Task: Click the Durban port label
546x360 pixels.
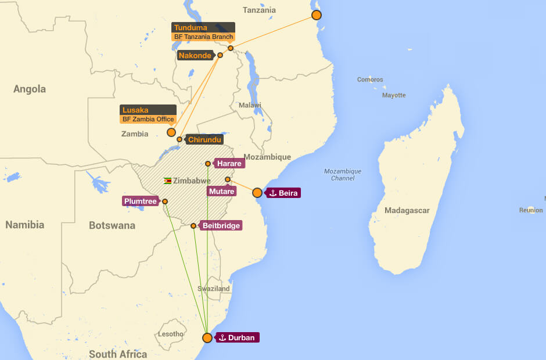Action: [x=236, y=337]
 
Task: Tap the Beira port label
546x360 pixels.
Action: [x=283, y=193]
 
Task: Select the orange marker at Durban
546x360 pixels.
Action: [x=207, y=338]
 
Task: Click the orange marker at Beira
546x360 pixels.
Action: [x=257, y=193]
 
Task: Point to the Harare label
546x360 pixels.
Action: [x=229, y=164]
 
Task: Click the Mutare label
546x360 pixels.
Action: [x=222, y=191]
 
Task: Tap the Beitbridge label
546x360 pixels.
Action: [x=220, y=225]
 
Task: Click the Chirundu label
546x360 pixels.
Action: [x=206, y=139]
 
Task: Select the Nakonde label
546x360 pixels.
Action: [x=195, y=56]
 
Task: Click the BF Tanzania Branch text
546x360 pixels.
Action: [x=203, y=37]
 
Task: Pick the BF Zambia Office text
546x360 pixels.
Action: [x=148, y=119]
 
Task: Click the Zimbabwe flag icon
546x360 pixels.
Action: [x=167, y=181]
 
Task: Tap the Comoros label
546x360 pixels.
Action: [x=370, y=80]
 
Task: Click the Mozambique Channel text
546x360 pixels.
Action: [x=343, y=175]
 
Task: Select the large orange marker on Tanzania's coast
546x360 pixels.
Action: [x=317, y=15]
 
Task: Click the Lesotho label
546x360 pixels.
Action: [x=171, y=334]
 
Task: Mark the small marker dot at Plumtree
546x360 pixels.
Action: [x=165, y=201]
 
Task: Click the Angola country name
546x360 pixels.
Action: [x=30, y=89]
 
